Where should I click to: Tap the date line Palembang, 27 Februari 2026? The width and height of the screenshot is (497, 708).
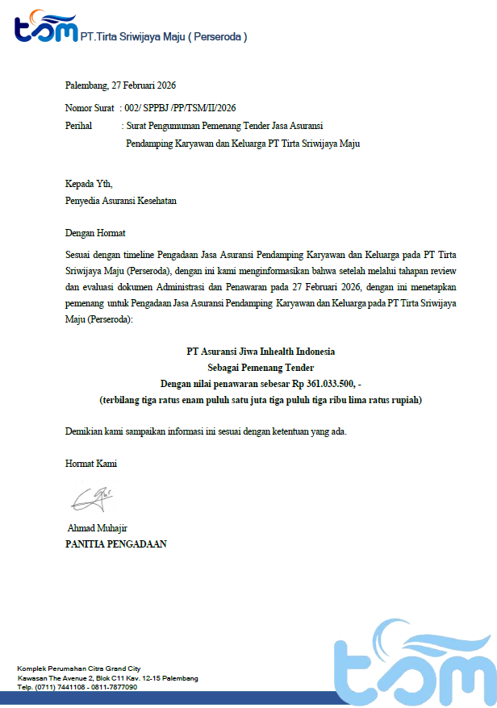[x=120, y=85]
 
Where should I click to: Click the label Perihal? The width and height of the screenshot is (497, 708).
[x=79, y=126]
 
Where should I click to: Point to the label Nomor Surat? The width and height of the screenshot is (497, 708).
[x=90, y=107]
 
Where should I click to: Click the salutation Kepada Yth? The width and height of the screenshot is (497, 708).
[x=89, y=183]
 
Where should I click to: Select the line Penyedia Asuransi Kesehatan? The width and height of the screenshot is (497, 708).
[x=120, y=201]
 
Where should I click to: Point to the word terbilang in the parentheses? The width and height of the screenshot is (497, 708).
[x=122, y=399]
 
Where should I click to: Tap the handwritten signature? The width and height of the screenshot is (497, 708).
[x=91, y=498]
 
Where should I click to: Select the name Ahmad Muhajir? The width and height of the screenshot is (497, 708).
[x=98, y=528]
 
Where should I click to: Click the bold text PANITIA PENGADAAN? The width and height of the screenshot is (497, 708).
[x=115, y=544]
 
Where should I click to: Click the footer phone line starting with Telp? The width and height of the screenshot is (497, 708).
[x=77, y=687]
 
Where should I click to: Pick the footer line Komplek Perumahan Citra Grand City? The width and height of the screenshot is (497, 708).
[x=79, y=669]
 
